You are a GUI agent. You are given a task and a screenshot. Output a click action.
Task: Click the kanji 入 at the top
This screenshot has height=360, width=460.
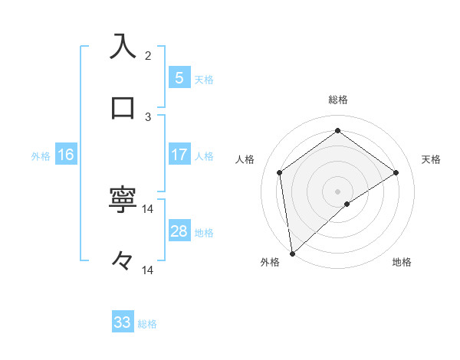coord(123,46)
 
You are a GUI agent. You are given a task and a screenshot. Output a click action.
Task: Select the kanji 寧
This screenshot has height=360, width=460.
coord(123,200)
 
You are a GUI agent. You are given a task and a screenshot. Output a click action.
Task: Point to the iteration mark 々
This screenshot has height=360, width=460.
coord(123,261)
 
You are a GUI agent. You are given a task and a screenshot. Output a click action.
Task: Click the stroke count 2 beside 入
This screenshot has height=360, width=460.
coord(148,55)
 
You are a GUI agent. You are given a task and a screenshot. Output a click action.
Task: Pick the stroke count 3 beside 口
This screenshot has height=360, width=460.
coord(148,116)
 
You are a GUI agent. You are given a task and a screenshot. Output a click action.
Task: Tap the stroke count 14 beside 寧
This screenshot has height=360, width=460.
coord(148,209)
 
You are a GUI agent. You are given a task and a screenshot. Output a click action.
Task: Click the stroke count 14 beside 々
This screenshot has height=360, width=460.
coord(148,270)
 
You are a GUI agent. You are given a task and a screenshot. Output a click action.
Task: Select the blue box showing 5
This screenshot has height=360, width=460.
coord(179,77)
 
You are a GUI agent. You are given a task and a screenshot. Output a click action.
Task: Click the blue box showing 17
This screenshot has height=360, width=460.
coord(179,155)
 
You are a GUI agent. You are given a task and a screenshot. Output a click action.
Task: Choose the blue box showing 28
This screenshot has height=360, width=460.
coord(179,231)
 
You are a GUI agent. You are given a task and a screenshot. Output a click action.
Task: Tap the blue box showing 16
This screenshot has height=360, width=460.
coord(65,155)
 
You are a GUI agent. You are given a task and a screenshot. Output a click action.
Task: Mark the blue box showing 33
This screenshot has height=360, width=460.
coord(123,322)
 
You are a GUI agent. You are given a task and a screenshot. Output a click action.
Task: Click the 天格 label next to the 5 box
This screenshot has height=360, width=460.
coord(204,79)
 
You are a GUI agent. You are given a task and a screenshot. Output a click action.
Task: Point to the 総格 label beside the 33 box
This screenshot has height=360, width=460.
coord(147,324)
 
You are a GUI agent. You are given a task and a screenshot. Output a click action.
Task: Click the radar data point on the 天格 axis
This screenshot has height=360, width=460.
coord(396,172)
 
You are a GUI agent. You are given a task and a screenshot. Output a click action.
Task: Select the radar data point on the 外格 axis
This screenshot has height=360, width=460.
coord(292,253)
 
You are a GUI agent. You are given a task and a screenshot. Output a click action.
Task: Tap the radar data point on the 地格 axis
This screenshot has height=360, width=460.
coord(347,204)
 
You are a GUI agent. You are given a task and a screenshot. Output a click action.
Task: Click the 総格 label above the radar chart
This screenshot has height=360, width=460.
coord(338,100)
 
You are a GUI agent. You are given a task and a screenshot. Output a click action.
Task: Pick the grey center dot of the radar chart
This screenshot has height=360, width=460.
coord(338,191)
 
